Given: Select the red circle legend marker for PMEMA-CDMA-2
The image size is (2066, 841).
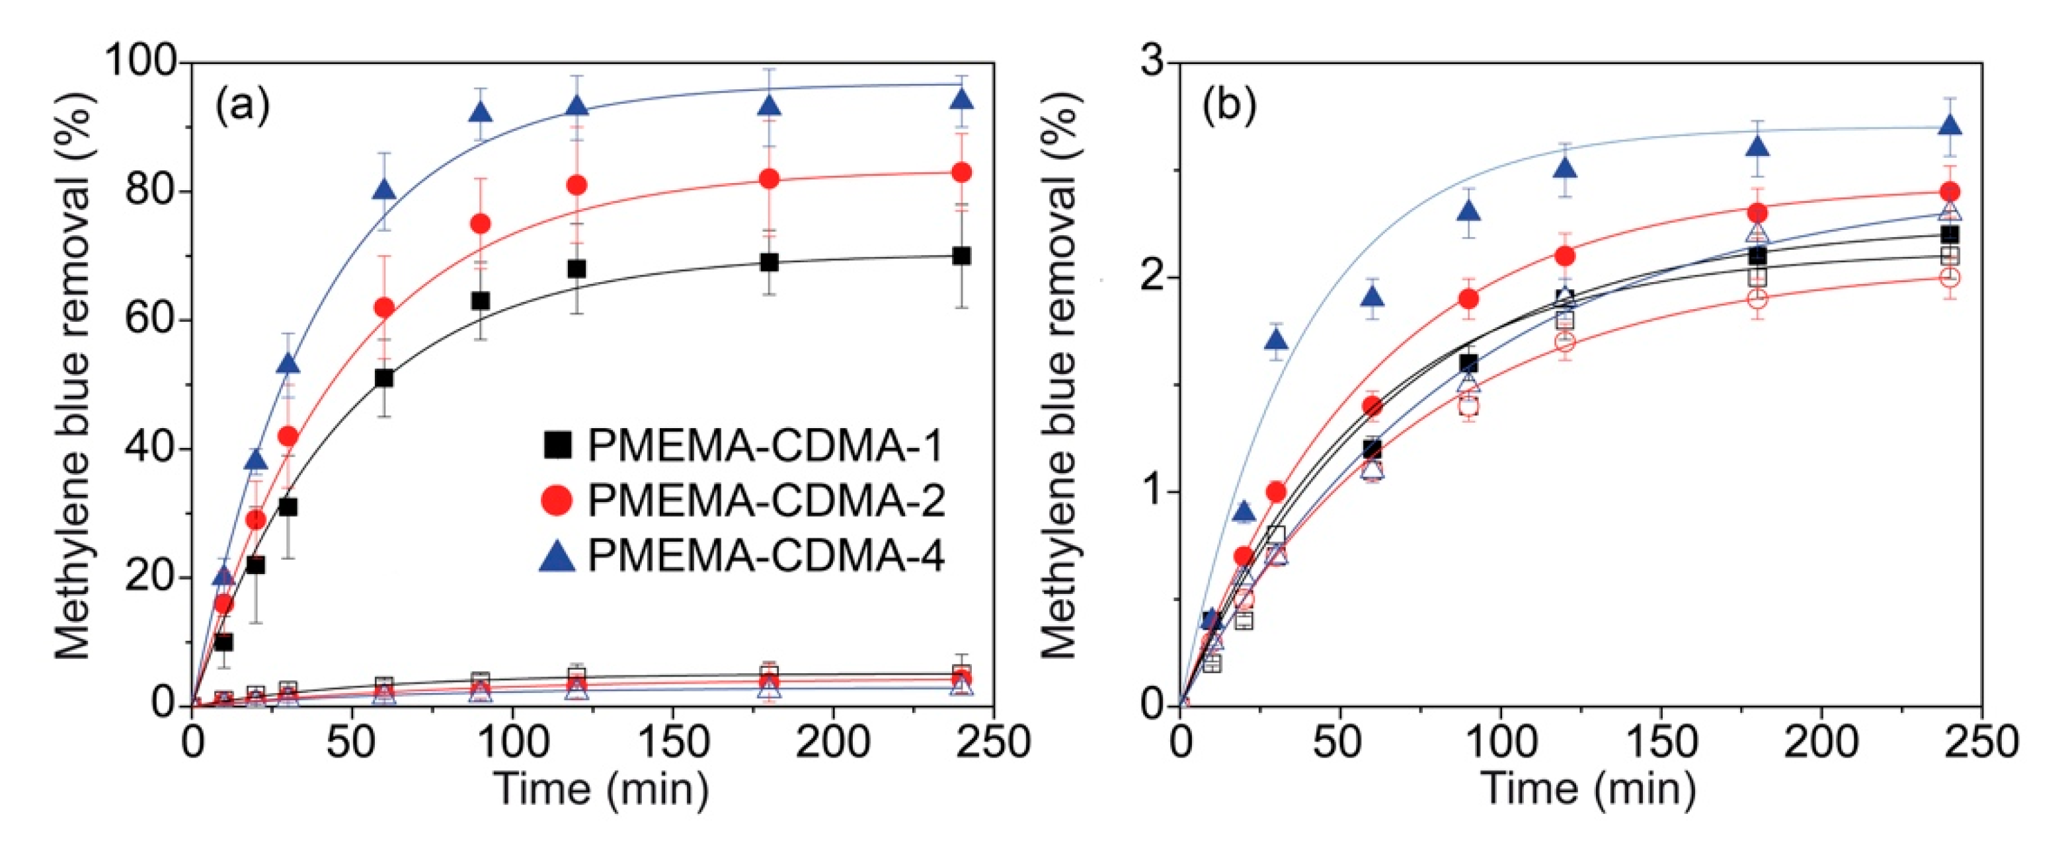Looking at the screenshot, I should tap(557, 500).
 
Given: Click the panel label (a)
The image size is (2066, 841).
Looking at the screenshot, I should tap(242, 106).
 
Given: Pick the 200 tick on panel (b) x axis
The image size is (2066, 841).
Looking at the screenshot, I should tap(1821, 743).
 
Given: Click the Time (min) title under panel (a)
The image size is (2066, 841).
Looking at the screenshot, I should tap(602, 789).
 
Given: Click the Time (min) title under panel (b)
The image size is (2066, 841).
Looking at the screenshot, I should tap(1588, 789).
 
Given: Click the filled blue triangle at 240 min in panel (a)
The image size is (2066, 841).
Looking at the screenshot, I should tap(962, 99).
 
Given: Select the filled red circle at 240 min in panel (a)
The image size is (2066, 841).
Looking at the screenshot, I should tap(962, 172).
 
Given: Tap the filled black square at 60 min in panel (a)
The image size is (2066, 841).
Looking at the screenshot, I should tap(384, 378).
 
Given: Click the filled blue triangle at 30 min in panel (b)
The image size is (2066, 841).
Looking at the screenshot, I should tap(1276, 341).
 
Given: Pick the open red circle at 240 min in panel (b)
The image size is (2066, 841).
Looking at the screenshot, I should tap(1950, 277).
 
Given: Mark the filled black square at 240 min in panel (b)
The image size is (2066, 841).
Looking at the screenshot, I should tap(1950, 235).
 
